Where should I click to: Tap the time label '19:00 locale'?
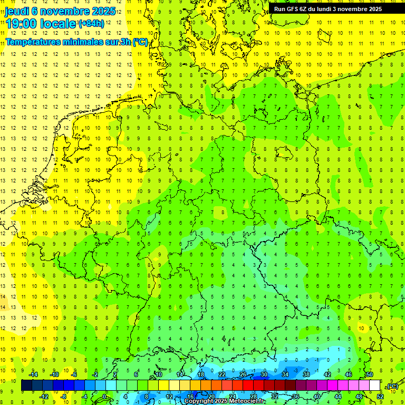[41, 24]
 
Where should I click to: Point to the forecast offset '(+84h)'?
[91, 24]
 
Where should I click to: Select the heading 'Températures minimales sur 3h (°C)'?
[77, 42]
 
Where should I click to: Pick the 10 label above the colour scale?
[158, 374]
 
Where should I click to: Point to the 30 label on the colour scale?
[264, 374]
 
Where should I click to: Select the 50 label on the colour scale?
[369, 374]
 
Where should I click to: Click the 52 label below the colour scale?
[380, 397]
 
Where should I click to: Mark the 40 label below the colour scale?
[316, 397]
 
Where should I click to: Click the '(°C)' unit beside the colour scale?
[392, 386]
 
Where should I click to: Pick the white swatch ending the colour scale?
[374, 385]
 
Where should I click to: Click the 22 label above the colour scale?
[221, 374]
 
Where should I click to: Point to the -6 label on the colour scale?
[74, 374]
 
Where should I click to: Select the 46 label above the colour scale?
[348, 374]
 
